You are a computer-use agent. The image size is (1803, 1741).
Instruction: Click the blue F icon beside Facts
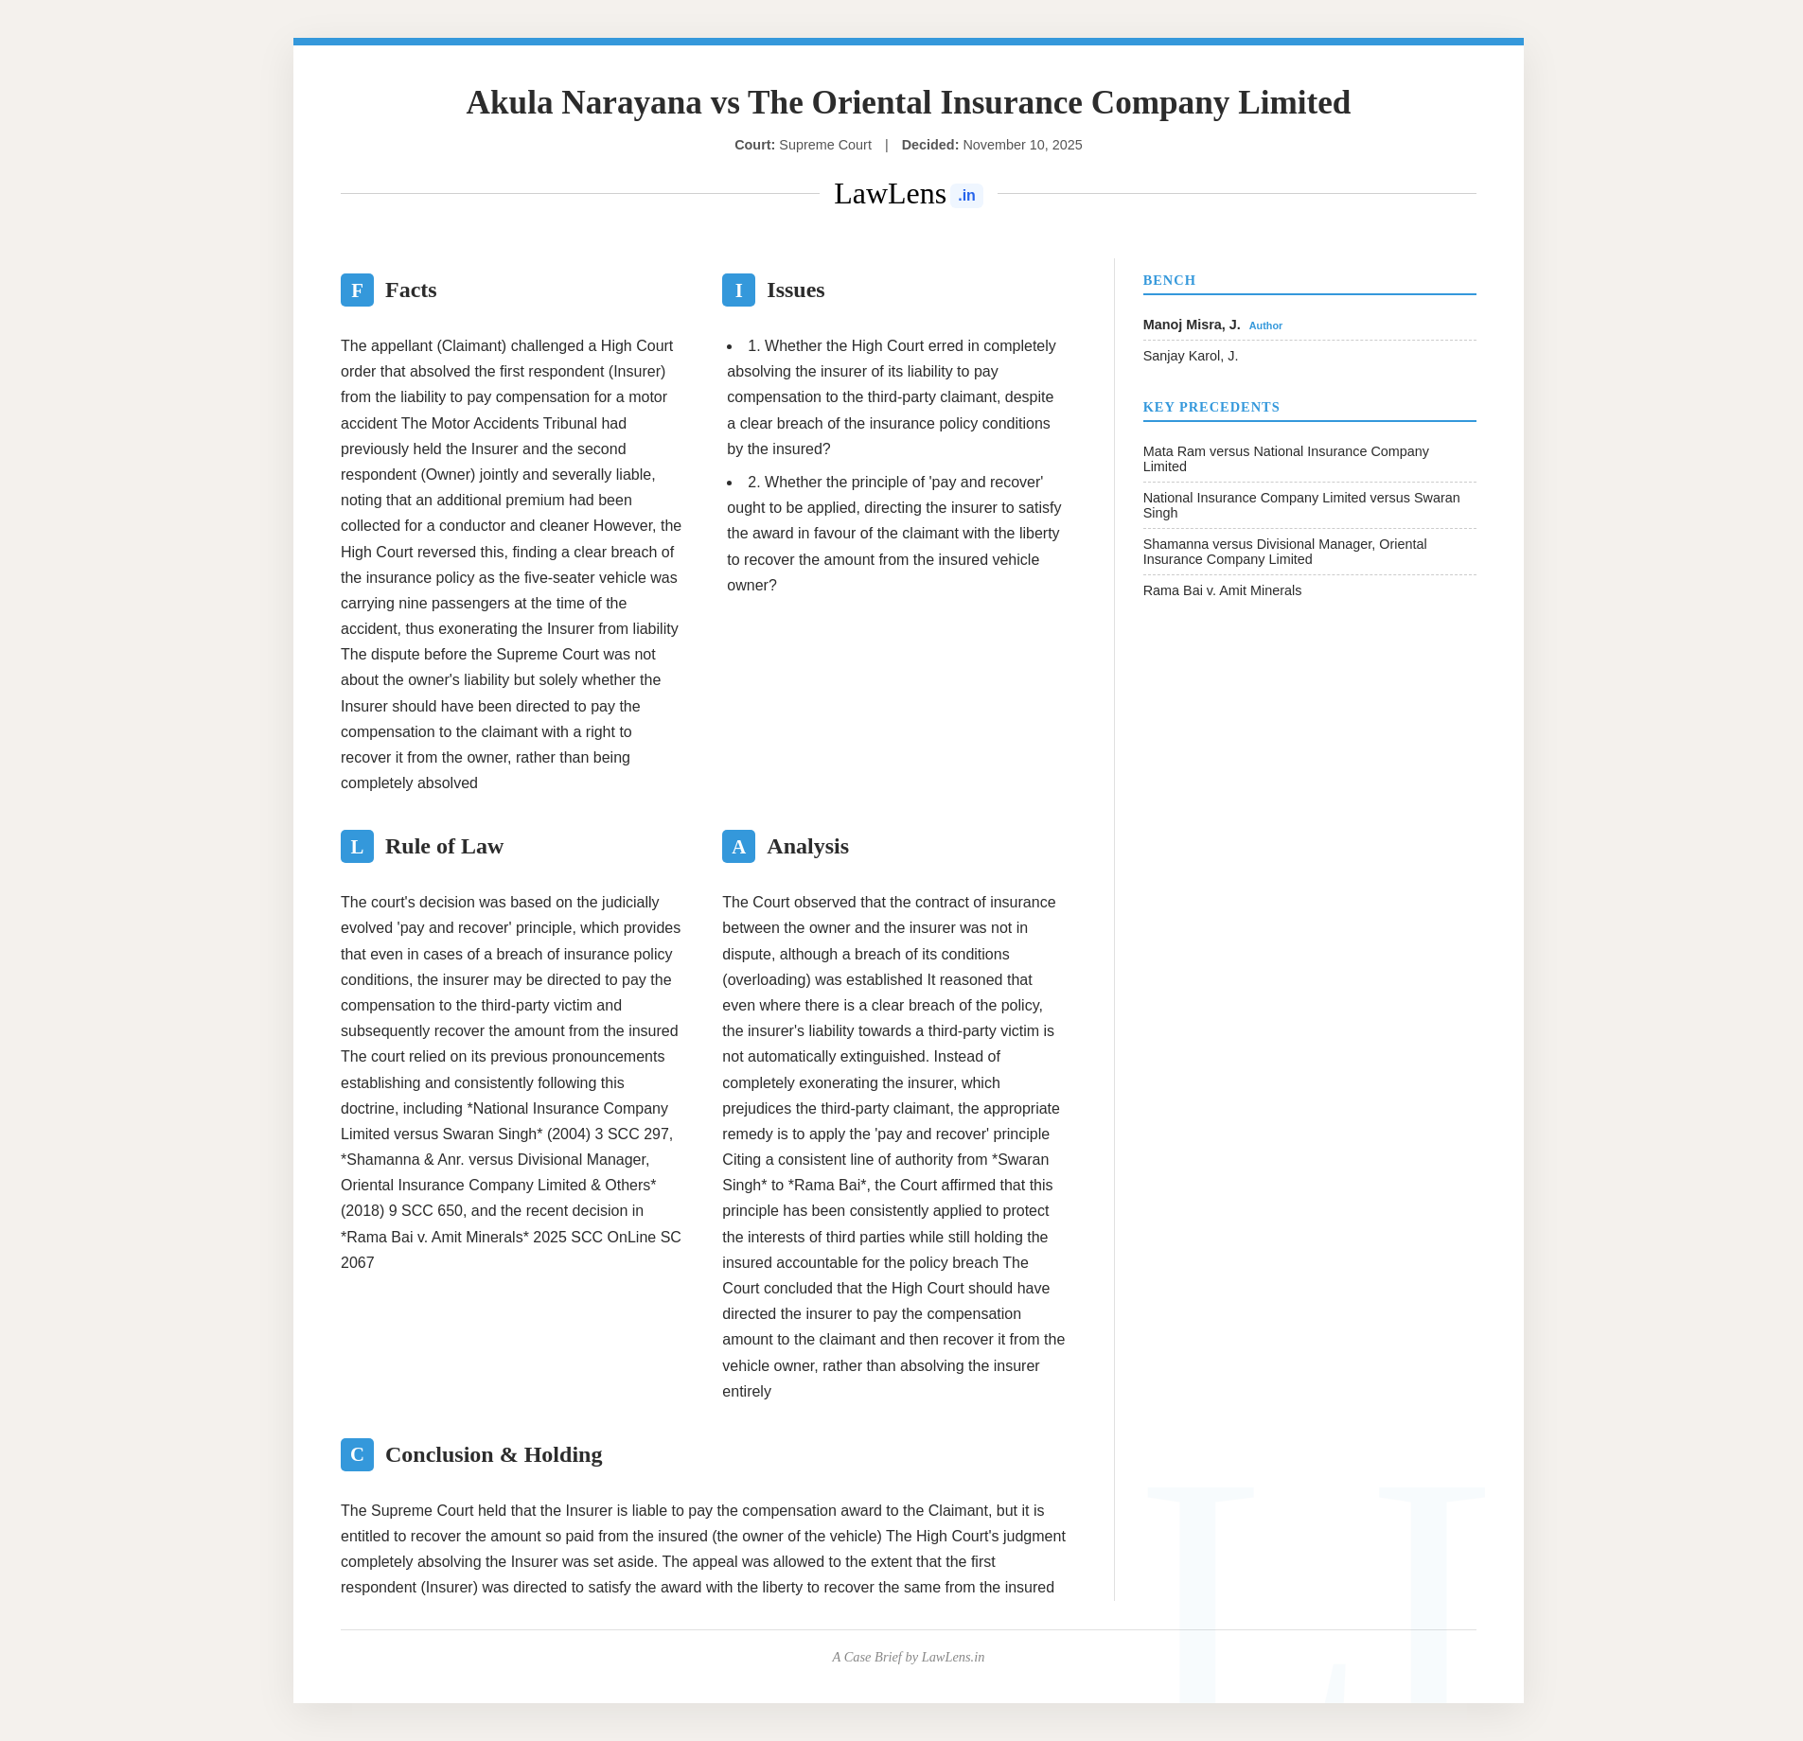pos(357,290)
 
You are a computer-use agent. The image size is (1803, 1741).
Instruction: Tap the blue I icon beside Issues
pos(738,290)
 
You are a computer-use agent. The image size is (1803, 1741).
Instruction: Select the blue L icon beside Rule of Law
pos(357,846)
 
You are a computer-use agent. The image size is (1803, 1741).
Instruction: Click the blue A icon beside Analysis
pos(738,846)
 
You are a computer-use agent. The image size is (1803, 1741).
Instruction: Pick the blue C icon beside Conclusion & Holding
pos(357,1454)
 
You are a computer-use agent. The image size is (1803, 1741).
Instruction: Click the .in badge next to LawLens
pos(966,196)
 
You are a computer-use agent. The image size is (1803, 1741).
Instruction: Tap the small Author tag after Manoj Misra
pos(1265,325)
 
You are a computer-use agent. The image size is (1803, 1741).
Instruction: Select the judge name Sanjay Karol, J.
pos(1190,356)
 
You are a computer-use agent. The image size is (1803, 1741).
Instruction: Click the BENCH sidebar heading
pos(1169,280)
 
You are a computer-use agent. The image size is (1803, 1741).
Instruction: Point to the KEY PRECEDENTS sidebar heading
pos(1211,407)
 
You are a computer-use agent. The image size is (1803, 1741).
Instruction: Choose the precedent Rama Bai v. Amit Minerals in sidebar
pos(1222,590)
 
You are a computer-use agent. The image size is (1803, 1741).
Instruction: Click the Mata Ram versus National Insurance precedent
pos(1285,459)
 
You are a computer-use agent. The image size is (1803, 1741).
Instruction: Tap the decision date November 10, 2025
pos(1022,145)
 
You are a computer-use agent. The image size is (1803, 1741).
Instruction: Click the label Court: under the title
pos(754,145)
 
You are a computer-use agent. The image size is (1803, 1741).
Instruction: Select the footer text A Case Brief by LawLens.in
pos(908,1657)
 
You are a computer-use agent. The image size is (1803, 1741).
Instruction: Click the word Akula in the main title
pos(509,102)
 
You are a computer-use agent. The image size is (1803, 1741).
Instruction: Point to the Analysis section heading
pos(807,846)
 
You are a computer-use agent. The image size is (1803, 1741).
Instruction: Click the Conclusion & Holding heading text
pos(493,1454)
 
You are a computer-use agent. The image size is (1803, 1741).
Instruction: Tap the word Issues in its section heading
pos(795,290)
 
